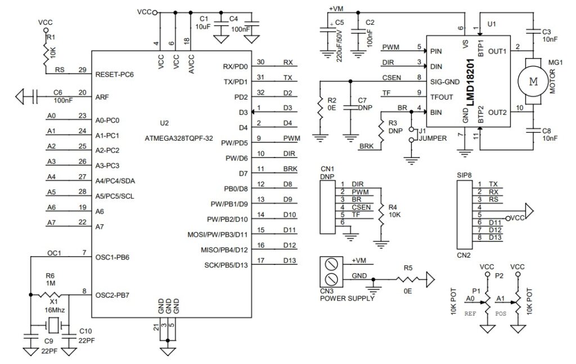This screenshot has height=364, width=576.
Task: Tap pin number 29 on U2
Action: coord(83,70)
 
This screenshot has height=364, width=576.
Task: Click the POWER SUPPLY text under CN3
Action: coord(347,299)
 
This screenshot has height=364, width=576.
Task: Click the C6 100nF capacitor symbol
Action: coord(35,97)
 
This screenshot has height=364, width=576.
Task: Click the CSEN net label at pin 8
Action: coord(391,78)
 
